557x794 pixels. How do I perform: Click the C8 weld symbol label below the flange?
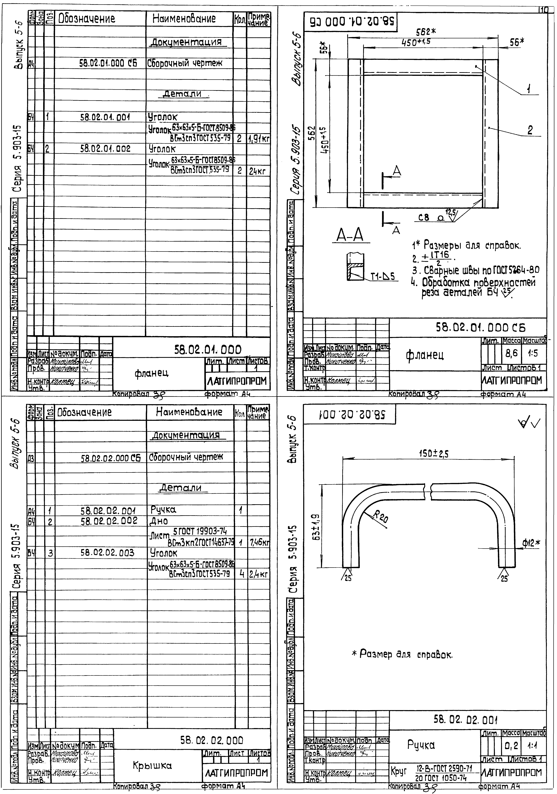click(424, 218)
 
